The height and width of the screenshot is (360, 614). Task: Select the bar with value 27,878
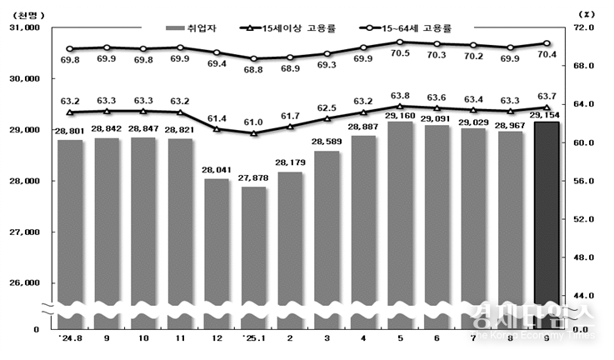click(x=254, y=250)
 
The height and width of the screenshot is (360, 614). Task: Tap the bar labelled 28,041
click(x=217, y=246)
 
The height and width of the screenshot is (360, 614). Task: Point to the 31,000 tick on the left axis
click(x=27, y=28)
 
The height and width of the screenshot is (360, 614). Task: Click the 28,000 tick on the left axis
click(x=27, y=181)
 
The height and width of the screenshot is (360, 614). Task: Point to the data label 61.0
click(x=254, y=122)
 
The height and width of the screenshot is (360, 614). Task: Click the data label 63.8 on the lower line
click(x=400, y=95)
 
